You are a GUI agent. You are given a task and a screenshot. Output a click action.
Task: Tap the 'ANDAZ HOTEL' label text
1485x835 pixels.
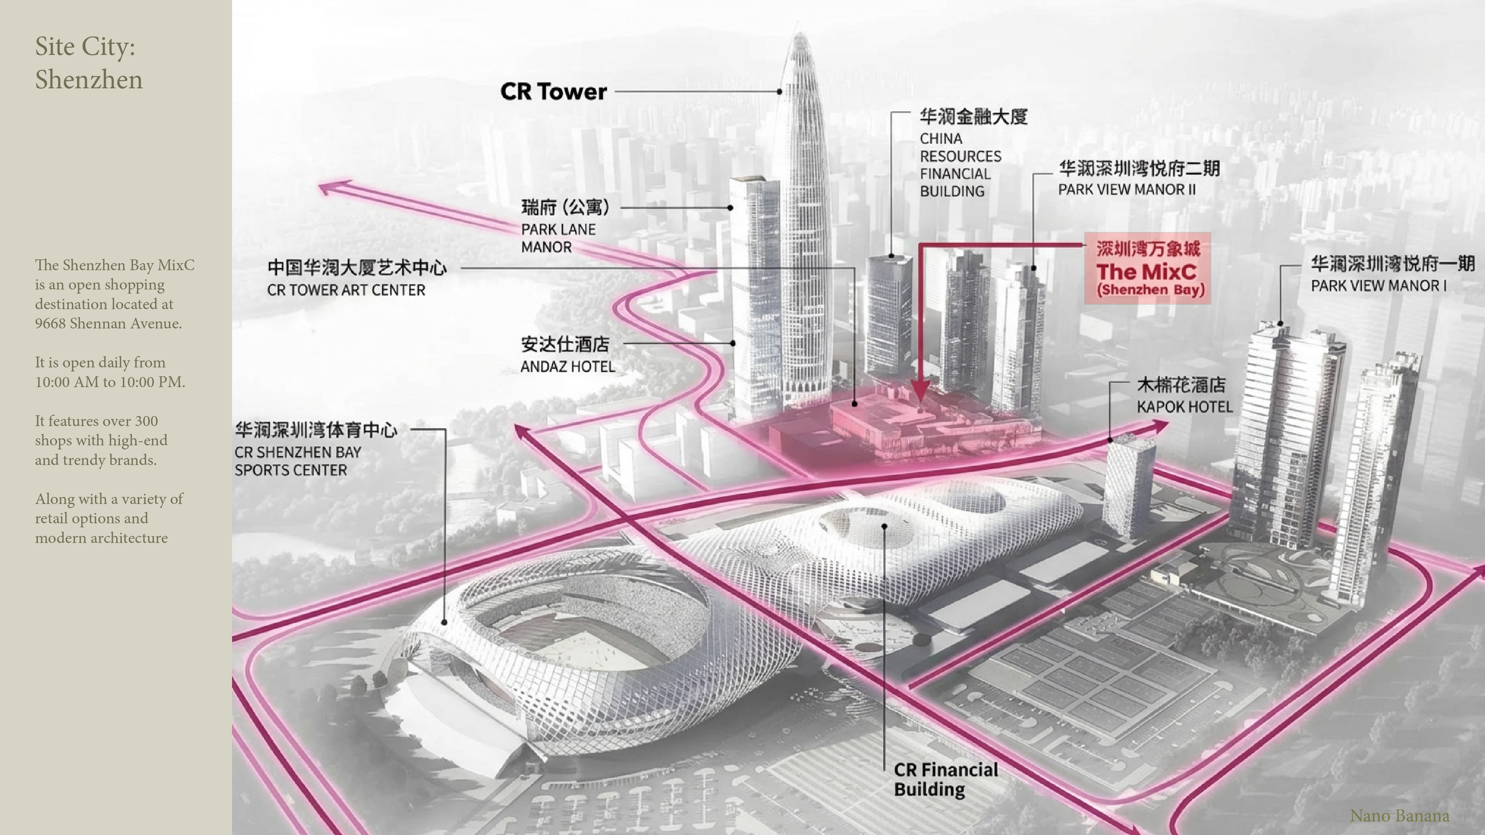coord(567,367)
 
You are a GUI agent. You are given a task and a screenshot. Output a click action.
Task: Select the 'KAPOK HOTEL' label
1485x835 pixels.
coord(1184,407)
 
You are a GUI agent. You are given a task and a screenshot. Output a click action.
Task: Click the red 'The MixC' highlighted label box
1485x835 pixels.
coord(1147,269)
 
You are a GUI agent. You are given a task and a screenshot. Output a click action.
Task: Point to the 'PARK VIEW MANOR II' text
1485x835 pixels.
coord(1126,190)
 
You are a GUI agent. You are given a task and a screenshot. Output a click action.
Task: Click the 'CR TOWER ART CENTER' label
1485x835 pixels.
coord(346,290)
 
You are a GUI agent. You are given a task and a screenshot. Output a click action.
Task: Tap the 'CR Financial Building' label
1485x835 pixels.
coord(946,779)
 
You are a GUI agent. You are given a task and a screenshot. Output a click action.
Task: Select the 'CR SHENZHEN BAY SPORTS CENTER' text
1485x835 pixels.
coord(297,461)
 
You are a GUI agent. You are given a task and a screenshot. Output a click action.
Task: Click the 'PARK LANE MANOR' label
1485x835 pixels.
coord(558,238)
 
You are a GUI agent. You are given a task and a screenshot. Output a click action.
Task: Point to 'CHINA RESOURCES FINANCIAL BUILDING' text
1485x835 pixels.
coord(960,165)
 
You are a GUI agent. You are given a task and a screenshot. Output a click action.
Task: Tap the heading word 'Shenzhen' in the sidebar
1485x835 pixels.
coord(89,79)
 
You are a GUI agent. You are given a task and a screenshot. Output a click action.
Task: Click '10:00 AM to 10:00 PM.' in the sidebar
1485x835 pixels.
coord(110,382)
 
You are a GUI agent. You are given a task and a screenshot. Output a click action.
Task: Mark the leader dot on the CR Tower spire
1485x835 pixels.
coord(779,92)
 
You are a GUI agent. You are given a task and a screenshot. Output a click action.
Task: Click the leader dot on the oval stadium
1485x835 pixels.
coord(444,622)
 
